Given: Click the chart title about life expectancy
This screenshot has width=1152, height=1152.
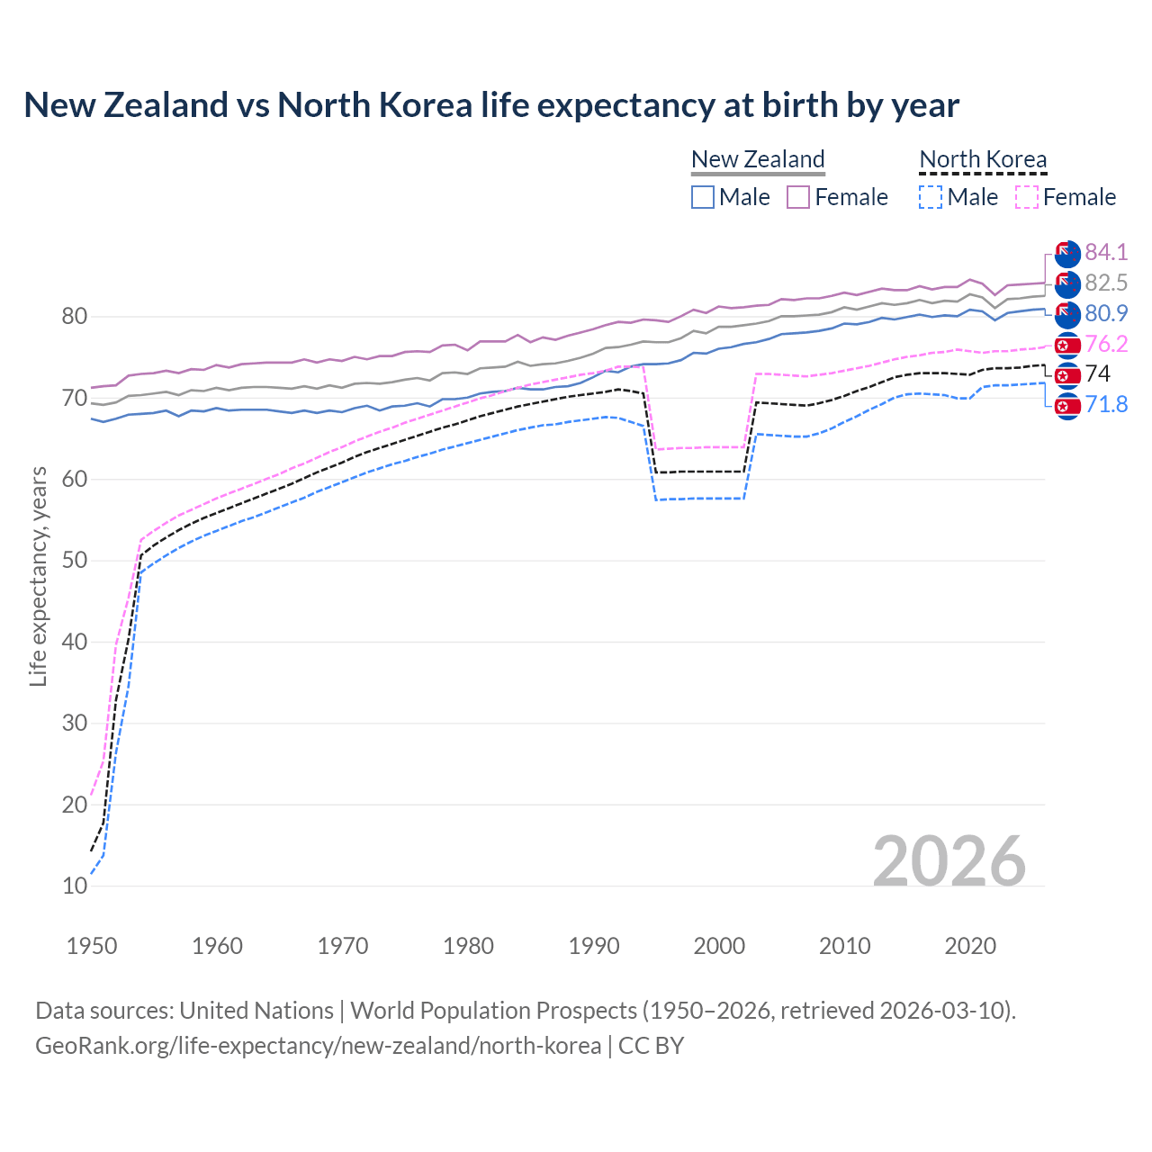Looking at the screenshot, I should [491, 105].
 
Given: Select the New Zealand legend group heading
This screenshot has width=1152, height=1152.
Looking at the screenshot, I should [758, 159].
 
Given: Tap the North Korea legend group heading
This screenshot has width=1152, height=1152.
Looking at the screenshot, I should [983, 159].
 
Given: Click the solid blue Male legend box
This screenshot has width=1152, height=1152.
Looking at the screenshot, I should [703, 197].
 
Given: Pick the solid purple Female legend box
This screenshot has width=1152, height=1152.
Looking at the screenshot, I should [798, 197].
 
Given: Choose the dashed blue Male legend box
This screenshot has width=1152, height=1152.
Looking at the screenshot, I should [931, 197].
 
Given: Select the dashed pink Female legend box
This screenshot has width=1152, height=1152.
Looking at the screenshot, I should [1026, 197].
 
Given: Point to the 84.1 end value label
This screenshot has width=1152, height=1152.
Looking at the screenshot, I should [1106, 252].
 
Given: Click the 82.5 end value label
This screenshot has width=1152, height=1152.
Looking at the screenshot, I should [1106, 283].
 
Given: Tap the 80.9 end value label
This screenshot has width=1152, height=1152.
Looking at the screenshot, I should [1106, 313].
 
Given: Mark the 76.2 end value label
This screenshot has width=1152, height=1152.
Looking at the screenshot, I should [1106, 344].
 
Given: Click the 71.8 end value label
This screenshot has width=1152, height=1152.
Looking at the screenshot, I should [1106, 404].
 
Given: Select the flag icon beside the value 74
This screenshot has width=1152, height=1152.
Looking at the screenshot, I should [1067, 374].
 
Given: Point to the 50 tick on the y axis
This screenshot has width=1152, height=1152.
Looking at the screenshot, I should [75, 560].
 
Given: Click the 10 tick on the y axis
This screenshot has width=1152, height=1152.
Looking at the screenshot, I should [75, 886].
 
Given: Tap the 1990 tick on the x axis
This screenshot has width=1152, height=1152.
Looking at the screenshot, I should [594, 946].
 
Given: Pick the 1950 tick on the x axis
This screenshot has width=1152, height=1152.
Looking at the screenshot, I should [92, 946].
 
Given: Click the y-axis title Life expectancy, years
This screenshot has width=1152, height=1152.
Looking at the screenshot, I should [38, 576].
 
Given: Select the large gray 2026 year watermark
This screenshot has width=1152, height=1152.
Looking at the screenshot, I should [949, 861].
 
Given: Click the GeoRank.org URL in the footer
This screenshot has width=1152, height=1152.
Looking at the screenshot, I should [318, 1046].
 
